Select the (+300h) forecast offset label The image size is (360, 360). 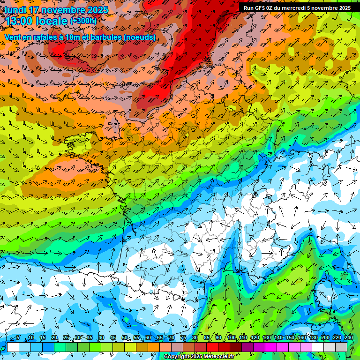point(83,21)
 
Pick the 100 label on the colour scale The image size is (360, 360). point(232,338)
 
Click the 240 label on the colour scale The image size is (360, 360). point(348,338)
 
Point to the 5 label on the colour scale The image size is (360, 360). point(18,338)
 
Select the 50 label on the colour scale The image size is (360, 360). point(125,338)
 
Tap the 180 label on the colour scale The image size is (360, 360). point(313,338)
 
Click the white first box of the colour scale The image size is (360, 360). point(13,347)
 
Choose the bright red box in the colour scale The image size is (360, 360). point(212,347)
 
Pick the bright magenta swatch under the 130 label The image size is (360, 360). point(271,347)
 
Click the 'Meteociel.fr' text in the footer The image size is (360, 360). point(219,357)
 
